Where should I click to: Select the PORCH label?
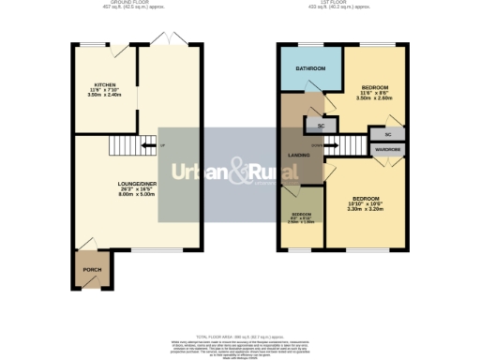click(91, 270)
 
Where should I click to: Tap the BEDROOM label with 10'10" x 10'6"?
click(365, 198)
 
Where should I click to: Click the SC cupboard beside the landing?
click(321, 125)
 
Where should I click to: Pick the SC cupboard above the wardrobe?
click(387, 133)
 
